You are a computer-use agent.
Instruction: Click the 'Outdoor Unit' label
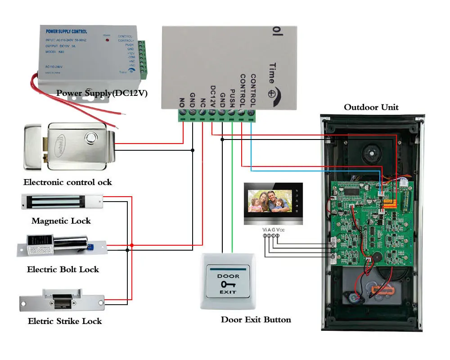(371, 107)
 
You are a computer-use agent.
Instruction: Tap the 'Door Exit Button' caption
(256, 320)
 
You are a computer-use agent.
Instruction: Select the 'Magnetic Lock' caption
(61, 221)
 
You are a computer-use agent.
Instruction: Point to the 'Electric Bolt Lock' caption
(63, 270)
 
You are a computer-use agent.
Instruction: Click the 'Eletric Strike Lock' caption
(65, 321)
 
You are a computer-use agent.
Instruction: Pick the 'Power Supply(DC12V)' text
(102, 93)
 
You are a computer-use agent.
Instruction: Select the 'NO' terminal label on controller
(182, 101)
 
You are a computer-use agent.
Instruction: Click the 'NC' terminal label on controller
(202, 101)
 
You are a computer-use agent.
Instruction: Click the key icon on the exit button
(228, 284)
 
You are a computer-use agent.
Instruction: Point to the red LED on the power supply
(107, 40)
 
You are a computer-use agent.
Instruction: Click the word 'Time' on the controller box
(271, 72)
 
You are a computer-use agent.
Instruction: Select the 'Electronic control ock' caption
(67, 182)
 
